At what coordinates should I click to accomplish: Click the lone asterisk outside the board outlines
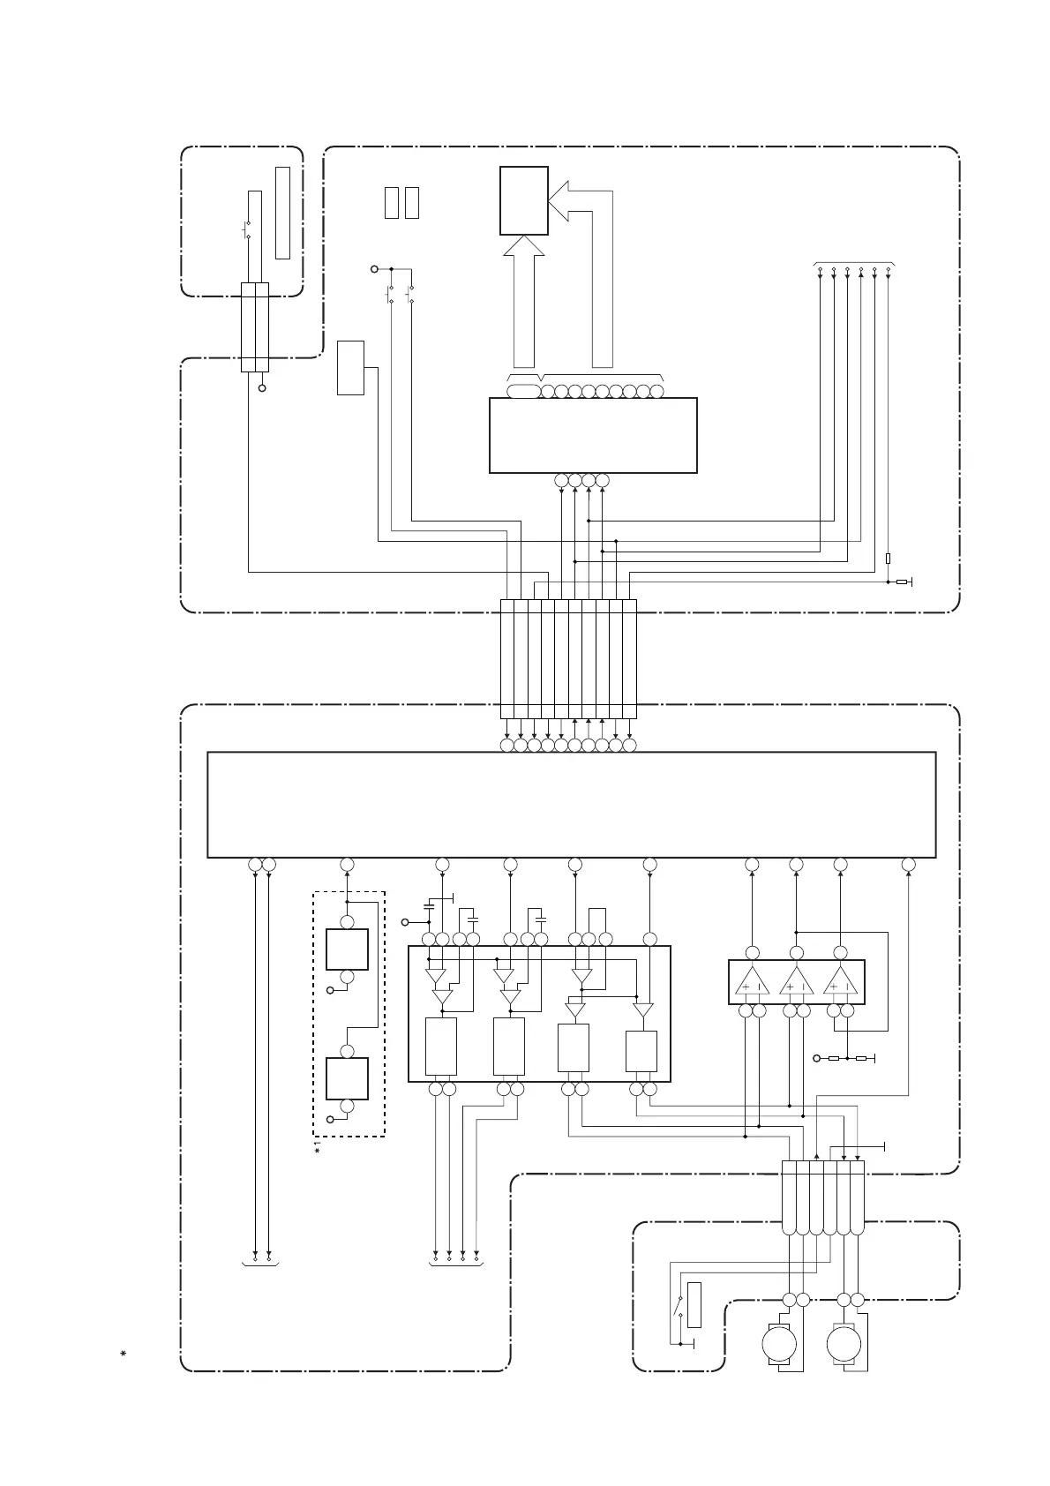pyautogui.click(x=124, y=1353)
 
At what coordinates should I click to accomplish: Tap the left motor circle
pyautogui.click(x=779, y=1346)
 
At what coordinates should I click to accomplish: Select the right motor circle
pyautogui.click(x=844, y=1346)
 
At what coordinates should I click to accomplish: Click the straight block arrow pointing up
pyautogui.click(x=524, y=300)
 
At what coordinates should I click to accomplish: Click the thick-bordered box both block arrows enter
pyautogui.click(x=524, y=200)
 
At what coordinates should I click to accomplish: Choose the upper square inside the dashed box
pyautogui.click(x=347, y=949)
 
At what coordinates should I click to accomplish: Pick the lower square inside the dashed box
pyautogui.click(x=347, y=1077)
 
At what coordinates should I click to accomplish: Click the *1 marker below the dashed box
pyautogui.click(x=320, y=1151)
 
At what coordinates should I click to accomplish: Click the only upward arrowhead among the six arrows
pyautogui.click(x=861, y=274)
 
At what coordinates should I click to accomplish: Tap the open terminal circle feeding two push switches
pyautogui.click(x=374, y=268)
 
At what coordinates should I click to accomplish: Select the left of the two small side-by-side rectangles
pyautogui.click(x=392, y=203)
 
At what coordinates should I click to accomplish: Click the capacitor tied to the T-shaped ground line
pyautogui.click(x=429, y=906)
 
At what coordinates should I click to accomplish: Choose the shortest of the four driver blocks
pyautogui.click(x=641, y=1050)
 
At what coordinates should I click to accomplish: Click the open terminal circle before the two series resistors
pyautogui.click(x=816, y=1057)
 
